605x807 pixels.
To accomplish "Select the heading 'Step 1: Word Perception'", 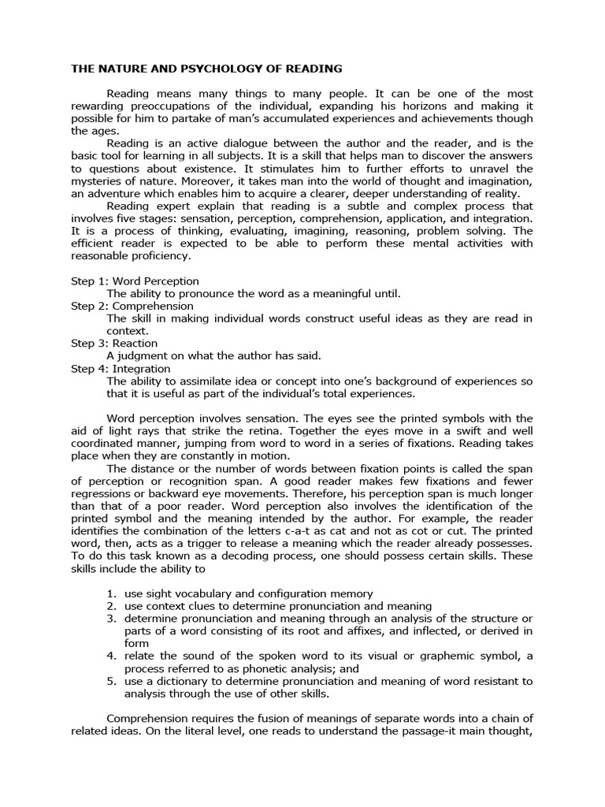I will pyautogui.click(x=135, y=281).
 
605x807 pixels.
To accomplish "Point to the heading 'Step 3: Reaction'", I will pyautogui.click(x=114, y=344).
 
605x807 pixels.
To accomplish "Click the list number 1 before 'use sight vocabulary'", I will pyautogui.click(x=111, y=593).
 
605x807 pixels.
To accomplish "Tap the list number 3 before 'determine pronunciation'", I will pyautogui.click(x=111, y=619).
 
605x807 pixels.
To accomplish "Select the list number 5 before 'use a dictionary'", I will pyautogui.click(x=111, y=681).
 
